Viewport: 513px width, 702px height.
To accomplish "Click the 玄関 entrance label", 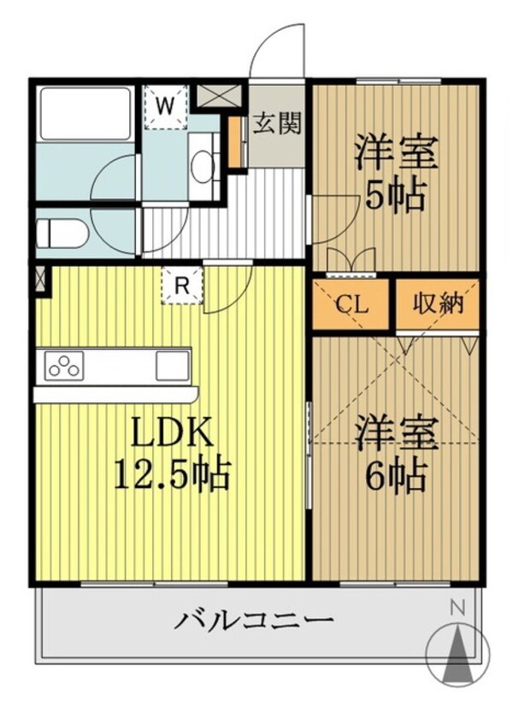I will [x=277, y=124].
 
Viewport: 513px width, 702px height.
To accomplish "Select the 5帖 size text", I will [x=395, y=197].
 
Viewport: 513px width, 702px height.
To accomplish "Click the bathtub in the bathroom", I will [x=84, y=113].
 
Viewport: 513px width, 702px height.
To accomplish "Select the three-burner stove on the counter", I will [x=64, y=366].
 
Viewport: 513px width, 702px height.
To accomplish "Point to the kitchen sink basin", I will [x=172, y=366].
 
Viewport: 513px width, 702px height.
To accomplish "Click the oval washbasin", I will [x=202, y=168].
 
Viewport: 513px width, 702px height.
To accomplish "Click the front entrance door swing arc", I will [x=277, y=51].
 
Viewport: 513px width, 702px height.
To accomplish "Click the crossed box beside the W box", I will [x=209, y=94].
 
